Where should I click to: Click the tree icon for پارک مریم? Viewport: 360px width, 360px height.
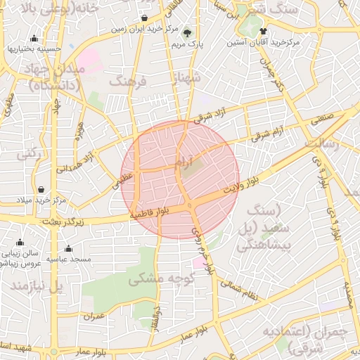click(186, 32)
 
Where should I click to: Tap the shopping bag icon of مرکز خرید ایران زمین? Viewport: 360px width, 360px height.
click(144, 18)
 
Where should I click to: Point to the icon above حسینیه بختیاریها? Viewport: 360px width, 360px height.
click(34, 38)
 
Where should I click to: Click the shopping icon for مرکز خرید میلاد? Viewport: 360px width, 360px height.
click(41, 190)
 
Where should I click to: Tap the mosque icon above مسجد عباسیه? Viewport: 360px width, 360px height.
click(68, 248)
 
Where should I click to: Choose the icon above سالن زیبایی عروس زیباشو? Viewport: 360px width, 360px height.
click(20, 243)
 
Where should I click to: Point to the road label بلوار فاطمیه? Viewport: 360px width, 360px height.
click(150, 210)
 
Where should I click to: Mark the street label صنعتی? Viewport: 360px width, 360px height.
click(323, 120)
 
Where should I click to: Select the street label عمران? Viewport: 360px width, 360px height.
click(94, 316)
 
